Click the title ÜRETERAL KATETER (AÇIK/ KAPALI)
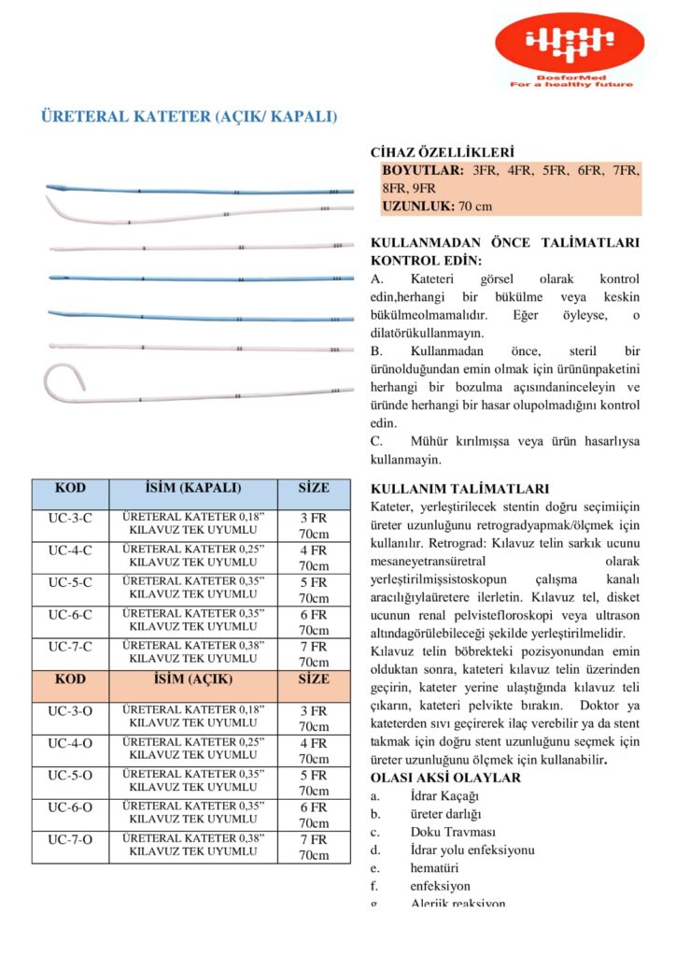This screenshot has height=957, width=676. (x=189, y=117)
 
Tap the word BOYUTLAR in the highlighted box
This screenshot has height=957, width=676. (x=423, y=171)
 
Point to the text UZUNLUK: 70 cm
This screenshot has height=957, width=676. (x=437, y=206)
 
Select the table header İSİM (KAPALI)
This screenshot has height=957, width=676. (x=193, y=488)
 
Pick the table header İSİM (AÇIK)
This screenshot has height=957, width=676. (x=193, y=679)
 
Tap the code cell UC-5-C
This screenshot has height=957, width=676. (x=70, y=582)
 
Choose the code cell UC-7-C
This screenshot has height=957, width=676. (x=70, y=647)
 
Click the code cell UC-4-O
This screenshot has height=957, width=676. (x=70, y=743)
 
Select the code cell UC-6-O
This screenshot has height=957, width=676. (x=70, y=807)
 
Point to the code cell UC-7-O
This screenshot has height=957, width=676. (x=70, y=839)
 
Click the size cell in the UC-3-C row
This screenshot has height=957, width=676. (x=314, y=524)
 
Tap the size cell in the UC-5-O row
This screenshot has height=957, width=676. (x=314, y=782)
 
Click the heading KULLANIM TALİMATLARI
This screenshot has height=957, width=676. (x=460, y=489)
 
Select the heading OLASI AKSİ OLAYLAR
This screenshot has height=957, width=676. (x=445, y=778)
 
